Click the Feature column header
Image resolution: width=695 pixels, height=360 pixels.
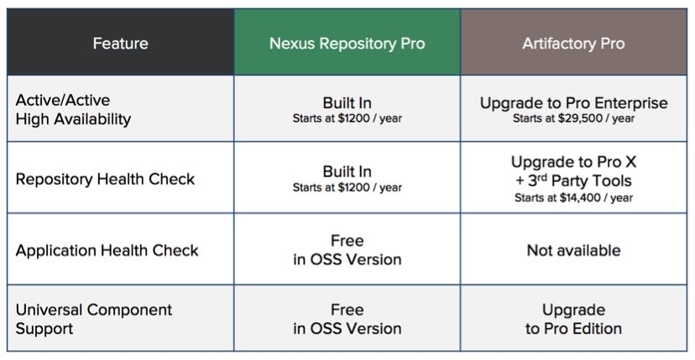pyautogui.click(x=120, y=44)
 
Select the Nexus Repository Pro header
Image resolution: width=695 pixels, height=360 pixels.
pyautogui.click(x=347, y=44)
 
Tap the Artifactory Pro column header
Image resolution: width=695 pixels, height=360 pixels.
pyautogui.click(x=573, y=44)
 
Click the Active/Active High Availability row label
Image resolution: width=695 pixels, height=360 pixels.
pyautogui.click(x=73, y=109)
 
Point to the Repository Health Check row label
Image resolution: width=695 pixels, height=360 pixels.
pyautogui.click(x=105, y=179)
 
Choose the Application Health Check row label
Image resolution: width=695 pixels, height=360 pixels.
pyautogui.click(x=107, y=251)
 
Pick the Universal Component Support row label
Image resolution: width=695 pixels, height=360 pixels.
pyautogui.click(x=93, y=319)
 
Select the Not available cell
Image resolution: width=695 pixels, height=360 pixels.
pyautogui.click(x=573, y=251)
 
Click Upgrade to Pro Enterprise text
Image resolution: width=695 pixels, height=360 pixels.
pyautogui.click(x=573, y=103)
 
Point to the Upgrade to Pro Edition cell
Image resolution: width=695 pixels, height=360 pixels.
pyautogui.click(x=573, y=319)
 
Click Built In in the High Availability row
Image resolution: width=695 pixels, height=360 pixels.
pyautogui.click(x=347, y=103)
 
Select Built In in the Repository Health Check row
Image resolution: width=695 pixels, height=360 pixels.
pyautogui.click(x=347, y=171)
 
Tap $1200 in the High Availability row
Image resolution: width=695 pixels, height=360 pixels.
pyautogui.click(x=353, y=119)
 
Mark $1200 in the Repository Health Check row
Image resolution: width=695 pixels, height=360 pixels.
pyautogui.click(x=353, y=187)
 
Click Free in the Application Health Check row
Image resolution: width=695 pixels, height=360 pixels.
pyautogui.click(x=347, y=241)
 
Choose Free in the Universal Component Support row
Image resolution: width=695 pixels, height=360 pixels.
pyautogui.click(x=347, y=310)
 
